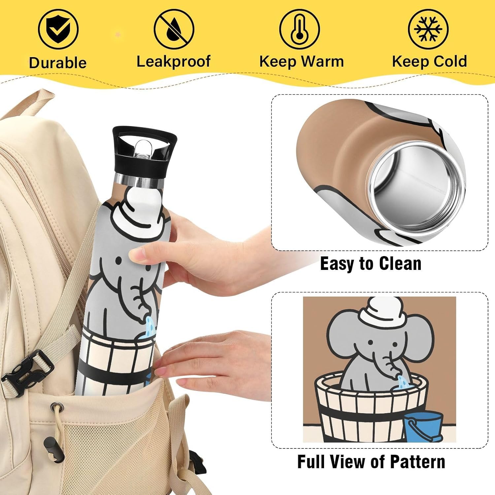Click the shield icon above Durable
[x=58, y=29]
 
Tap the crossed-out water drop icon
[x=174, y=29]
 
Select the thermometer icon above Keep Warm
[x=300, y=29]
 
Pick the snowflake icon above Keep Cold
[x=428, y=29]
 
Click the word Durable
[x=58, y=63]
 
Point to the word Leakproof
[x=174, y=62]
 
